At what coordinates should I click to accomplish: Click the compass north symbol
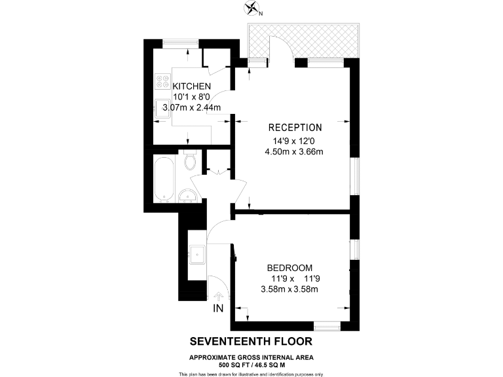pyautogui.click(x=251, y=8)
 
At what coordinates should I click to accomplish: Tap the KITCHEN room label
pyautogui.click(x=192, y=86)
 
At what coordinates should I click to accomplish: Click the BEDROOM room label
pyautogui.click(x=289, y=268)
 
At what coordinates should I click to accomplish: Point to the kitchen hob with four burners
pyautogui.click(x=162, y=82)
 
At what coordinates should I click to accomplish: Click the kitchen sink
pyautogui.click(x=162, y=109)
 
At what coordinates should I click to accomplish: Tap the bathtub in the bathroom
pyautogui.click(x=164, y=178)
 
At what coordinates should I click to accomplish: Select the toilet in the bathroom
pyautogui.click(x=191, y=160)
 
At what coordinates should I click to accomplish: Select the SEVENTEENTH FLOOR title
pyautogui.click(x=251, y=341)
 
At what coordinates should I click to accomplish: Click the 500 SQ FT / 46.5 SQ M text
pyautogui.click(x=251, y=364)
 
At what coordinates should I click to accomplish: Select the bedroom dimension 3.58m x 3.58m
pyautogui.click(x=289, y=290)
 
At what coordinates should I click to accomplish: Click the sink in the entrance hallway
pyautogui.click(x=197, y=253)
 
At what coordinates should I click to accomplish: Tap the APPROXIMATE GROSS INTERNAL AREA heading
pyautogui.click(x=251, y=357)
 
